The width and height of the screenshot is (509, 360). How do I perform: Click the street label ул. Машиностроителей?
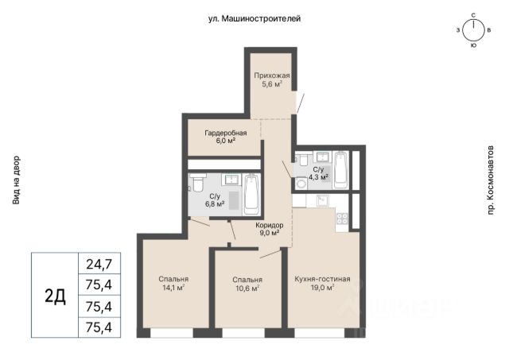(254, 19)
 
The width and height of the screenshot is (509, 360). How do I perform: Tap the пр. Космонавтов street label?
(490, 180)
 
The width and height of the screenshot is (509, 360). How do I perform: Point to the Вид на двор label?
(16, 180)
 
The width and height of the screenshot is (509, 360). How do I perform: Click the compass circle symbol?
(473, 31)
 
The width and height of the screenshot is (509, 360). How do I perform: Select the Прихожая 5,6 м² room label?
(272, 80)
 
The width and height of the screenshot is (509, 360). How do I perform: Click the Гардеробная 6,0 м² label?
(226, 137)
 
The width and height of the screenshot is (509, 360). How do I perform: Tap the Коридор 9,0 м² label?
(270, 229)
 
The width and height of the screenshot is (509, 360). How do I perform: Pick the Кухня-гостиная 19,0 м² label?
(322, 283)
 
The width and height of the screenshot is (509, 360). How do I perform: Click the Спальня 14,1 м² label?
(173, 283)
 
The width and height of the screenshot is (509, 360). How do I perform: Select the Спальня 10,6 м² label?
(247, 284)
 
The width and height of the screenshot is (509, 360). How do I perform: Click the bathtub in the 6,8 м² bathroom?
(251, 194)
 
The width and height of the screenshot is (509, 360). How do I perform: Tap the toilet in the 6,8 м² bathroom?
(197, 183)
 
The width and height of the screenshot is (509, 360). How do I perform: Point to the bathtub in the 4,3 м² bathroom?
(340, 169)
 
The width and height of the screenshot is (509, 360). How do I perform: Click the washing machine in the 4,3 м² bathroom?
(301, 184)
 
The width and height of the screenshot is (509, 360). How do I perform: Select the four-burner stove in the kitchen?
(342, 219)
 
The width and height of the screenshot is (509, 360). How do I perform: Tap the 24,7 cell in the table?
(99, 264)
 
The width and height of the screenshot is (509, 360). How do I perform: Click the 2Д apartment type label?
(55, 296)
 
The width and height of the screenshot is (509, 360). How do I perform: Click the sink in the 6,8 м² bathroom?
(231, 180)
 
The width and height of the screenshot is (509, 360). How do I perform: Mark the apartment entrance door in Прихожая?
(300, 103)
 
